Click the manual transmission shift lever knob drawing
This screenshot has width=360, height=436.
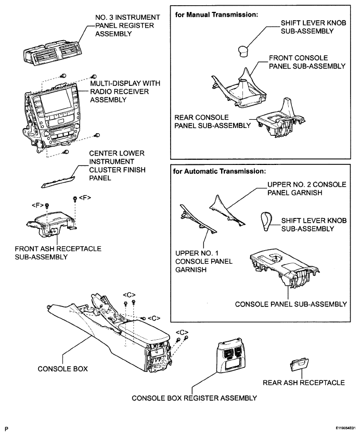coord(243,50)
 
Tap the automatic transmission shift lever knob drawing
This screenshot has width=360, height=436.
coord(264,222)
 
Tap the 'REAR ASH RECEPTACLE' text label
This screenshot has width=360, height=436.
coord(304,383)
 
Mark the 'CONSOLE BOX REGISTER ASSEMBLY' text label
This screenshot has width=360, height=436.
coord(194,398)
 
